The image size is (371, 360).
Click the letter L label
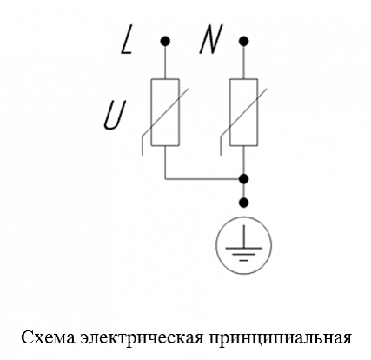[127, 39]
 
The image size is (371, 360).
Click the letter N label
[211, 39]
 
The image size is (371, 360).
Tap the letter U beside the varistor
[116, 115]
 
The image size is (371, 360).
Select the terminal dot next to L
[165, 41]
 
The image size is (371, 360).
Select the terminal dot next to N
[244, 41]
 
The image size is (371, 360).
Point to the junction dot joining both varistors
[244, 179]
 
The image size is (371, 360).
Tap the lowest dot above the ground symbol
[244, 202]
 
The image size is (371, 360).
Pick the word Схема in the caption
[49, 338]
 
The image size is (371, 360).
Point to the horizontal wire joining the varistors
[202, 179]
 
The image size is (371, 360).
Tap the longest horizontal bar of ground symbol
[244, 249]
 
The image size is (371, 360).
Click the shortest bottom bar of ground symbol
[244, 260]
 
